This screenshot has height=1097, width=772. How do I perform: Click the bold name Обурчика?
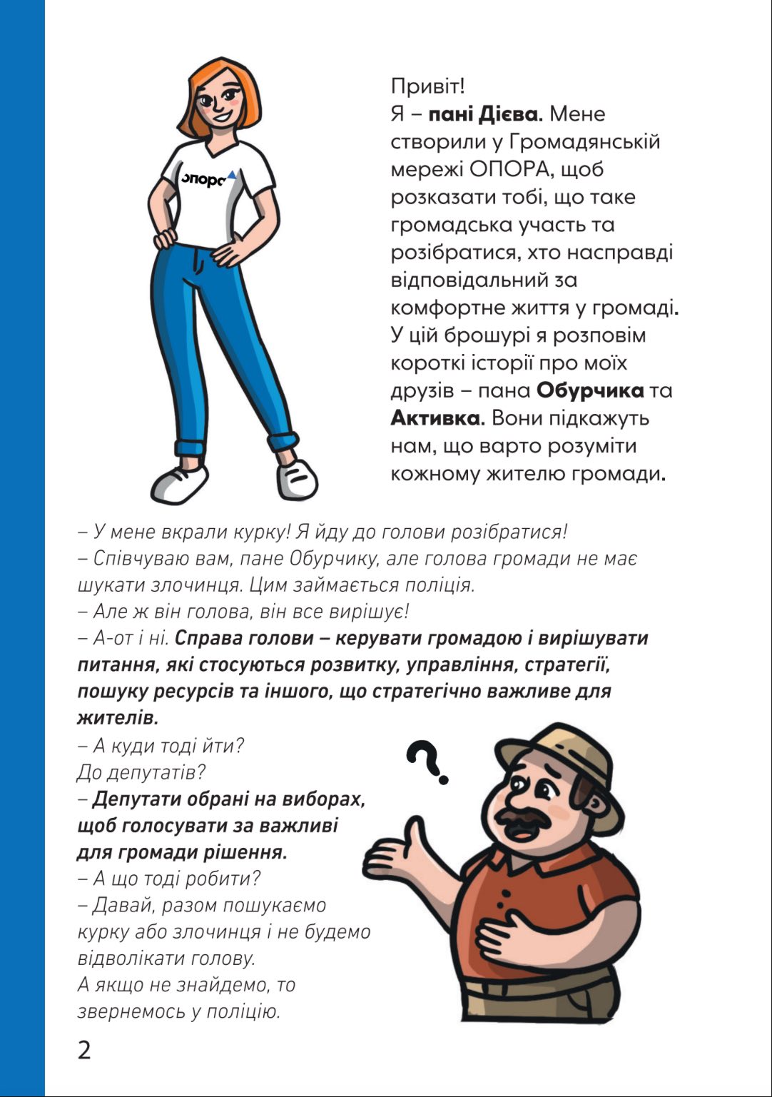click(x=589, y=390)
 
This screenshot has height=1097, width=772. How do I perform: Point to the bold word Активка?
click(x=437, y=418)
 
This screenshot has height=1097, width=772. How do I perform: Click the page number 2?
click(x=84, y=1051)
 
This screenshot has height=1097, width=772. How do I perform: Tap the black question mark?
click(x=430, y=762)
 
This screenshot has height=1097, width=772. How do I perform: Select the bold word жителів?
click(x=118, y=717)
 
